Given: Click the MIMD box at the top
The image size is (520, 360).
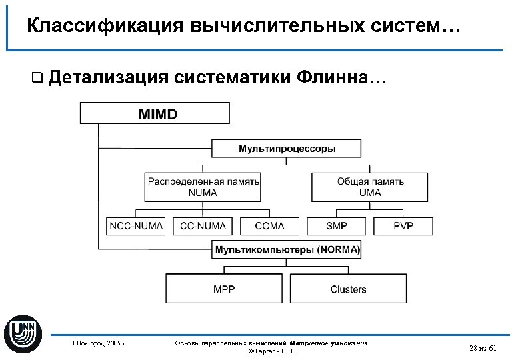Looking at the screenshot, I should [x=155, y=113].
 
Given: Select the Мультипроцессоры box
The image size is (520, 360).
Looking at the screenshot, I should [x=287, y=148].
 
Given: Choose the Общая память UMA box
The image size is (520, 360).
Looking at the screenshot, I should [x=370, y=187].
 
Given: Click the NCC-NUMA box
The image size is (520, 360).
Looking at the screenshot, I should [x=136, y=226].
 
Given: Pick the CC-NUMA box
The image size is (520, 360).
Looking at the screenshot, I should [x=203, y=226].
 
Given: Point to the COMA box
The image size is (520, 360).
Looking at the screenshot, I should [x=269, y=226].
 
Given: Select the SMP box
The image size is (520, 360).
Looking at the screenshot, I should [x=337, y=226].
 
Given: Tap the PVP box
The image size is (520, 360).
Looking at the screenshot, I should [x=403, y=226].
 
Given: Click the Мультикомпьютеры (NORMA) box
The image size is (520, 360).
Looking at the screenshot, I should [x=287, y=250].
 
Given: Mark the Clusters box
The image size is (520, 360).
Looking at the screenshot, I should [x=348, y=289].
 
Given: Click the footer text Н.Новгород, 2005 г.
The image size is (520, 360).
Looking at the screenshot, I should [x=98, y=343].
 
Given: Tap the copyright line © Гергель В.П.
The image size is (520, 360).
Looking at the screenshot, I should [x=270, y=351].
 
